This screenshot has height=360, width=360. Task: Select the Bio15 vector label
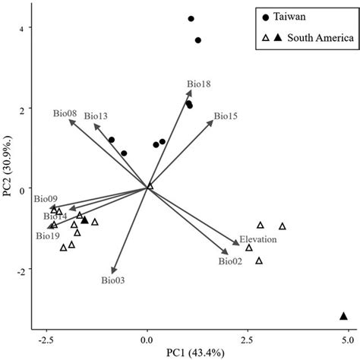226,116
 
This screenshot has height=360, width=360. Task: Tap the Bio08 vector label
65,113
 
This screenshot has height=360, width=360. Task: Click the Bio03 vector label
112,280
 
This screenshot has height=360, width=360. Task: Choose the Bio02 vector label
230,261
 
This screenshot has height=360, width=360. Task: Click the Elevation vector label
258,239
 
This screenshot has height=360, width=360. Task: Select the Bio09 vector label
45,198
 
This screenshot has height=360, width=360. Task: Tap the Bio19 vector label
47,236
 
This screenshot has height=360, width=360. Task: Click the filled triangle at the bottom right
343,316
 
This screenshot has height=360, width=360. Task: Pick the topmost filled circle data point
191,19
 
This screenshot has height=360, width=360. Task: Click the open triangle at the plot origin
150,186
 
